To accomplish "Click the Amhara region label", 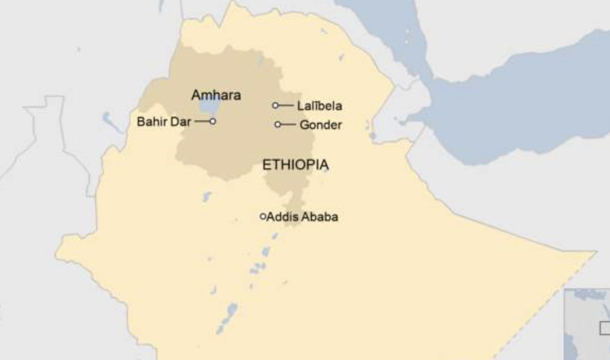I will tap(216, 95).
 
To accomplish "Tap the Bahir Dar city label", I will tap(163, 122).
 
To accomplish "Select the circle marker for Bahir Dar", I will tap(213, 121).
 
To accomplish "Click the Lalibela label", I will tap(320, 106).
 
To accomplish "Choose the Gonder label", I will tap(321, 125).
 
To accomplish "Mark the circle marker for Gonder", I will tap(277, 125).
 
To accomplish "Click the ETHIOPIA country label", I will tap(295, 165).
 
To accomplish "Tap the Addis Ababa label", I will tap(302, 217).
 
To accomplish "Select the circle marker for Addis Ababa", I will tap(262, 216).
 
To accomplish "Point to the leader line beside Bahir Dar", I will tap(202, 121).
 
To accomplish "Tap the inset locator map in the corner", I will tap(587, 325).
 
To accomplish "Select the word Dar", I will tap(183, 122).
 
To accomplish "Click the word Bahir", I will tap(152, 122).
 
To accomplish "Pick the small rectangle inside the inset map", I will tap(605, 328).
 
